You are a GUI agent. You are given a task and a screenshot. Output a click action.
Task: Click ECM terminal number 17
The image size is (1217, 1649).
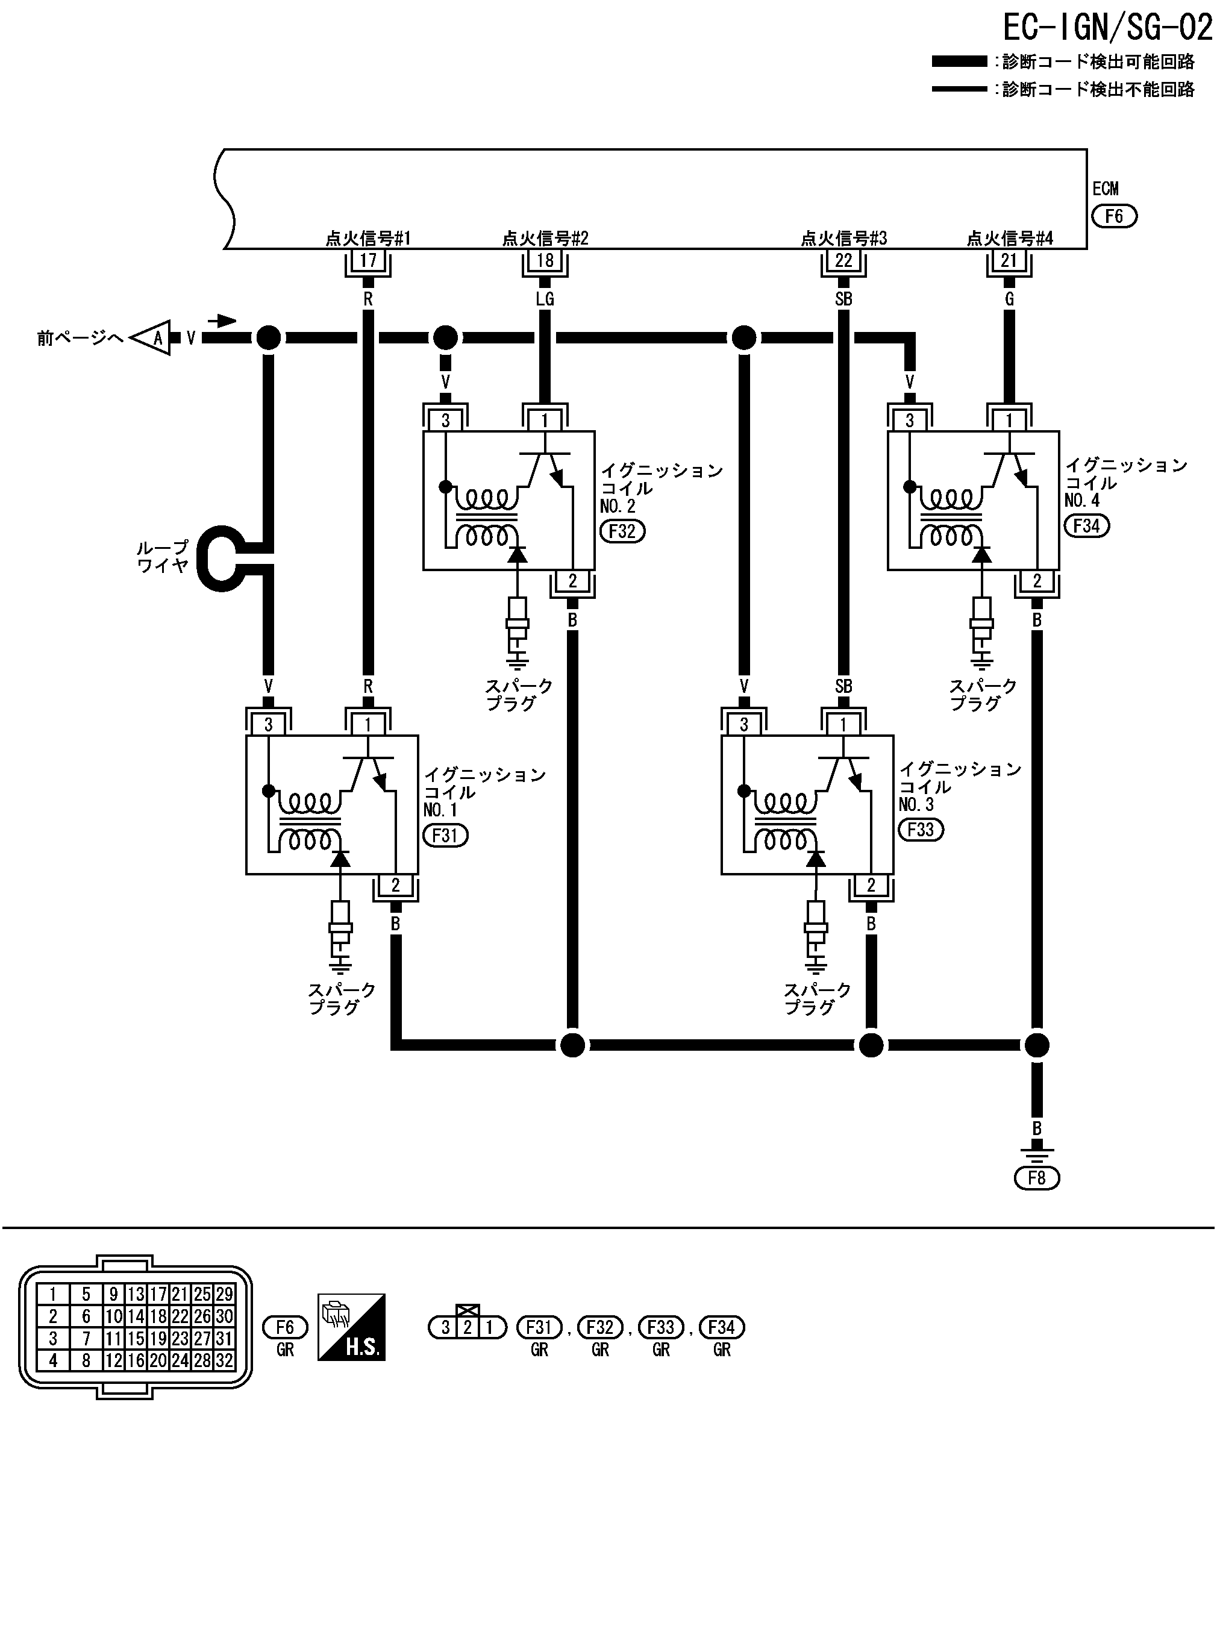[368, 260]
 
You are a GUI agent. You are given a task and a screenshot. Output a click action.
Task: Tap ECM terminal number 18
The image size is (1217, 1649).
[545, 260]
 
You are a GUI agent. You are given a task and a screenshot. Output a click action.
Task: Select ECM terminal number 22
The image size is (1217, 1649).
[843, 260]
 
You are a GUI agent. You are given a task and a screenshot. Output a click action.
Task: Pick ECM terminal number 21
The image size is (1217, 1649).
[1009, 260]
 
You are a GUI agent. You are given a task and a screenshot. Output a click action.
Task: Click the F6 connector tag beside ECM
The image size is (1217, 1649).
[1114, 216]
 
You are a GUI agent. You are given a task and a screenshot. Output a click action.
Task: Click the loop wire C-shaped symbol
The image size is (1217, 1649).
[221, 557]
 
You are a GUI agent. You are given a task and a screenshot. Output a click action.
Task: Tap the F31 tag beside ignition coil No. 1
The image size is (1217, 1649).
[445, 835]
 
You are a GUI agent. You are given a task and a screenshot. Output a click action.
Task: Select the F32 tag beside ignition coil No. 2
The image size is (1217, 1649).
[622, 531]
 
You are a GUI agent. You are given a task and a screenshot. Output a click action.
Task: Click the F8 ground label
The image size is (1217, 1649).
[1036, 1178]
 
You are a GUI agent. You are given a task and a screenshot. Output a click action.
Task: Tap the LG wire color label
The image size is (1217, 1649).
[545, 299]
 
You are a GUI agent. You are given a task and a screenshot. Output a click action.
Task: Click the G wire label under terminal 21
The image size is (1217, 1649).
[1009, 299]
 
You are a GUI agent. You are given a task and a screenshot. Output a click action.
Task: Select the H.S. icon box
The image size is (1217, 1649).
[351, 1327]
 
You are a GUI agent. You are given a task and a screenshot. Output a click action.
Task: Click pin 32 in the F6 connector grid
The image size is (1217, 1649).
[224, 1361]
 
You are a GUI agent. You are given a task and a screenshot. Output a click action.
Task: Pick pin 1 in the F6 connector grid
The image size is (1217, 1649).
[53, 1295]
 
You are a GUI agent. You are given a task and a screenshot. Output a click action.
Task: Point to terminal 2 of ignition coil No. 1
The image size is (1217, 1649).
[396, 885]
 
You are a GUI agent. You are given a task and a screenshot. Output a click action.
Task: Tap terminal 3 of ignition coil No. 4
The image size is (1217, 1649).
[910, 421]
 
